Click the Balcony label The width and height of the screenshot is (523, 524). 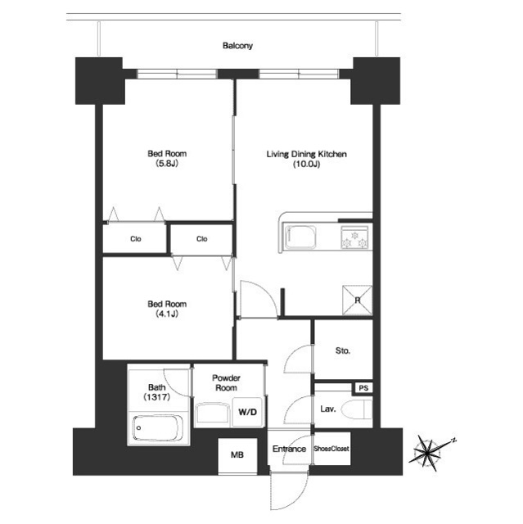pyautogui.click(x=237, y=46)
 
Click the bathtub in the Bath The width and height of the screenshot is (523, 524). pyautogui.click(x=156, y=428)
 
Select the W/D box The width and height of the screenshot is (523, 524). pyautogui.click(x=247, y=412)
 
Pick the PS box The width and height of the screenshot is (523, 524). pyautogui.click(x=362, y=388)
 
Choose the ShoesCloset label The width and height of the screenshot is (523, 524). pyautogui.click(x=332, y=449)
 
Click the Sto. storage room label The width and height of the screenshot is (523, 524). pyautogui.click(x=343, y=350)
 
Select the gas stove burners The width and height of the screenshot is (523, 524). pyautogui.click(x=355, y=237)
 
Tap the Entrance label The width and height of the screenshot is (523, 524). pyautogui.click(x=288, y=449)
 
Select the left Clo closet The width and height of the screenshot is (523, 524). pyautogui.click(x=134, y=239)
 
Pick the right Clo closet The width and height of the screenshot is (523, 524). pyautogui.click(x=201, y=239)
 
